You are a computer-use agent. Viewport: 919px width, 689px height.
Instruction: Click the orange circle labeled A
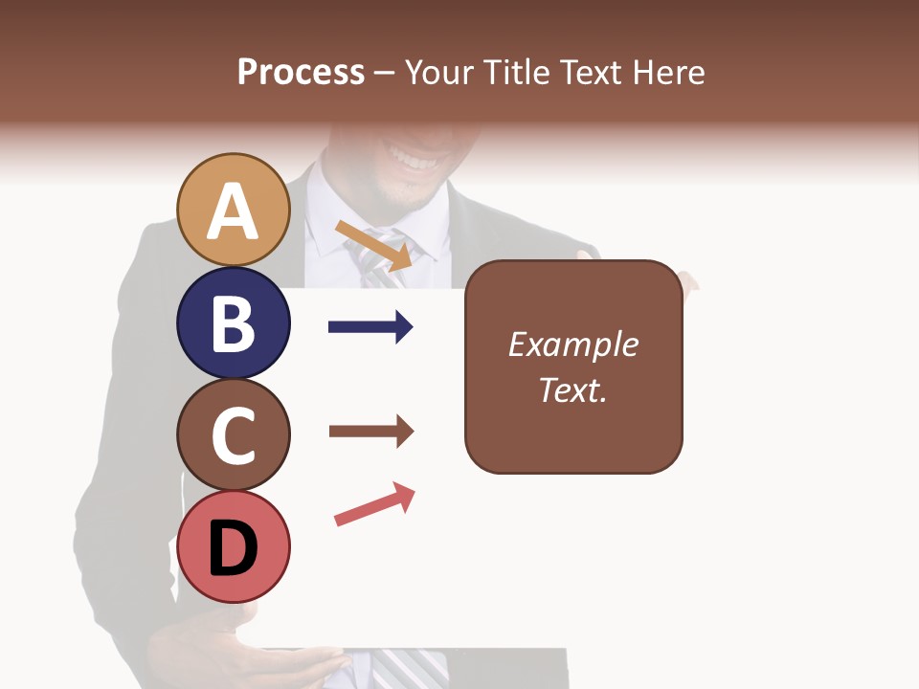click(234, 210)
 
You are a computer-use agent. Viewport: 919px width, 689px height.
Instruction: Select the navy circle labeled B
click(234, 322)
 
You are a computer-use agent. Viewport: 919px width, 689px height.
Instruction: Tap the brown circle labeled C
click(234, 434)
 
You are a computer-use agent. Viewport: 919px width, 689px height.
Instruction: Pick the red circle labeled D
click(234, 546)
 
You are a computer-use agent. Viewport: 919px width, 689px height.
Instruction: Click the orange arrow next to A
click(373, 245)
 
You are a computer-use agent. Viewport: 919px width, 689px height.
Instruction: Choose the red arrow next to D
click(374, 504)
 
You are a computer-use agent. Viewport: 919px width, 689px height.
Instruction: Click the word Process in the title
click(301, 72)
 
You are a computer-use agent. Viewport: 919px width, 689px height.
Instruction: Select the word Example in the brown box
click(573, 344)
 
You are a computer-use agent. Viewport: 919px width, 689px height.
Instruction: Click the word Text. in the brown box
click(573, 389)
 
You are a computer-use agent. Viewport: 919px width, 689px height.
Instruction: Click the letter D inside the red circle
click(234, 549)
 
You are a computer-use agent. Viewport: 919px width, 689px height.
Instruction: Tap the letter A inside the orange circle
click(234, 212)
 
